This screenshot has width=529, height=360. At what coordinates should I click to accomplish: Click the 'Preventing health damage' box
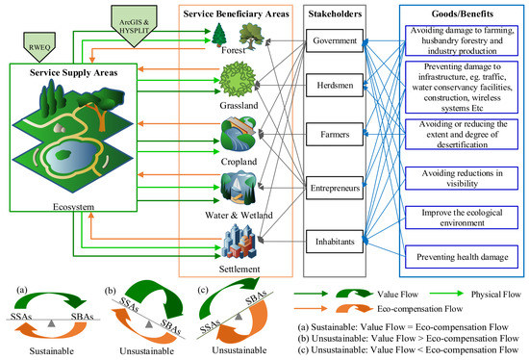(x=450, y=256)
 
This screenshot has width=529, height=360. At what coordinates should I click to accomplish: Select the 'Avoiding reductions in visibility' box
(x=450, y=174)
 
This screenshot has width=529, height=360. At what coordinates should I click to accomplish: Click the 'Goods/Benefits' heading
(x=450, y=13)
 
